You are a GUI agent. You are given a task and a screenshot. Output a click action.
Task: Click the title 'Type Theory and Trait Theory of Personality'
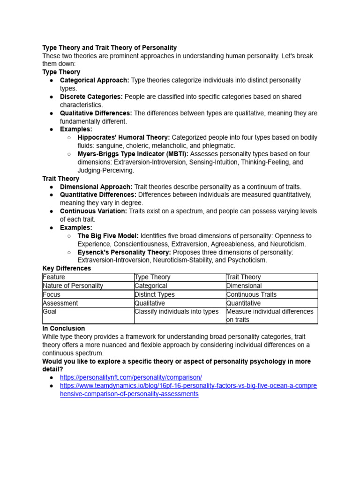[110, 48]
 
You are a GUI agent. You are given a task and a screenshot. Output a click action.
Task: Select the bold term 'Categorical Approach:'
[94, 80]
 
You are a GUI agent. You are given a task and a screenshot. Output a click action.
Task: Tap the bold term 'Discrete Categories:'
[91, 97]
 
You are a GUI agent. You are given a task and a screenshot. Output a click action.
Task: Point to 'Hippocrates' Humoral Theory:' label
[124, 137]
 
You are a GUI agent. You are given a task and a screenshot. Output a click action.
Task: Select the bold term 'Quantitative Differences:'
[98, 195]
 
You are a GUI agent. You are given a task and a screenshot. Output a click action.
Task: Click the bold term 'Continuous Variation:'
[93, 211]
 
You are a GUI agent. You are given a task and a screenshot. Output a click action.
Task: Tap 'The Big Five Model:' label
[108, 236]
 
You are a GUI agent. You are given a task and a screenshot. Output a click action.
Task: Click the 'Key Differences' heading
[67, 269]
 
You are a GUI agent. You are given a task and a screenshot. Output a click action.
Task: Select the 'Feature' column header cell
[54, 277]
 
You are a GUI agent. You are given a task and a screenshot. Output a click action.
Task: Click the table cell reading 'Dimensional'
[244, 285]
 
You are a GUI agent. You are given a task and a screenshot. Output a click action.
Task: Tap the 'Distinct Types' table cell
[155, 294]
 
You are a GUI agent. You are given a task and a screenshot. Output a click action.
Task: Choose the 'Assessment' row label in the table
[60, 303]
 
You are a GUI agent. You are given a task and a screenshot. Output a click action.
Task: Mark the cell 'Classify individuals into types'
[177, 312]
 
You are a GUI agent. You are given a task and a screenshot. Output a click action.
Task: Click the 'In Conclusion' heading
[64, 328]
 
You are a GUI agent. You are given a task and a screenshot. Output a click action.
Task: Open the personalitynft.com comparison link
[131, 377]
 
